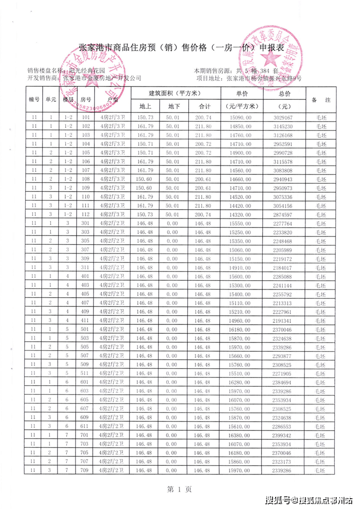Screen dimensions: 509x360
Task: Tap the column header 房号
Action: [86, 100]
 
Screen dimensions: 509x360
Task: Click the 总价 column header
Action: [284, 94]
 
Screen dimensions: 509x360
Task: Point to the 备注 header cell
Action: [321, 100]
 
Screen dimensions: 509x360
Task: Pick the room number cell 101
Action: [86, 118]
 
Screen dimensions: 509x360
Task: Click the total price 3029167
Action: [284, 118]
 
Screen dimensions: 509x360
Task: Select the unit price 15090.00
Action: [242, 118]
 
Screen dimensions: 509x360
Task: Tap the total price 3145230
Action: [284, 126]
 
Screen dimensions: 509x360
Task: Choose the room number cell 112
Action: [86, 214]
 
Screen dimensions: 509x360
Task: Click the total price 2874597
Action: [284, 214]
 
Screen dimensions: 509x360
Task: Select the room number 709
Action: [86, 470]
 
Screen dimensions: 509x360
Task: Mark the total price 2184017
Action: [284, 267]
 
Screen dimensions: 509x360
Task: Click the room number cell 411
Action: [86, 320]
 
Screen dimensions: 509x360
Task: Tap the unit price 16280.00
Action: [242, 382]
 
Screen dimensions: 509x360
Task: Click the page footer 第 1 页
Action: [180, 489]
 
